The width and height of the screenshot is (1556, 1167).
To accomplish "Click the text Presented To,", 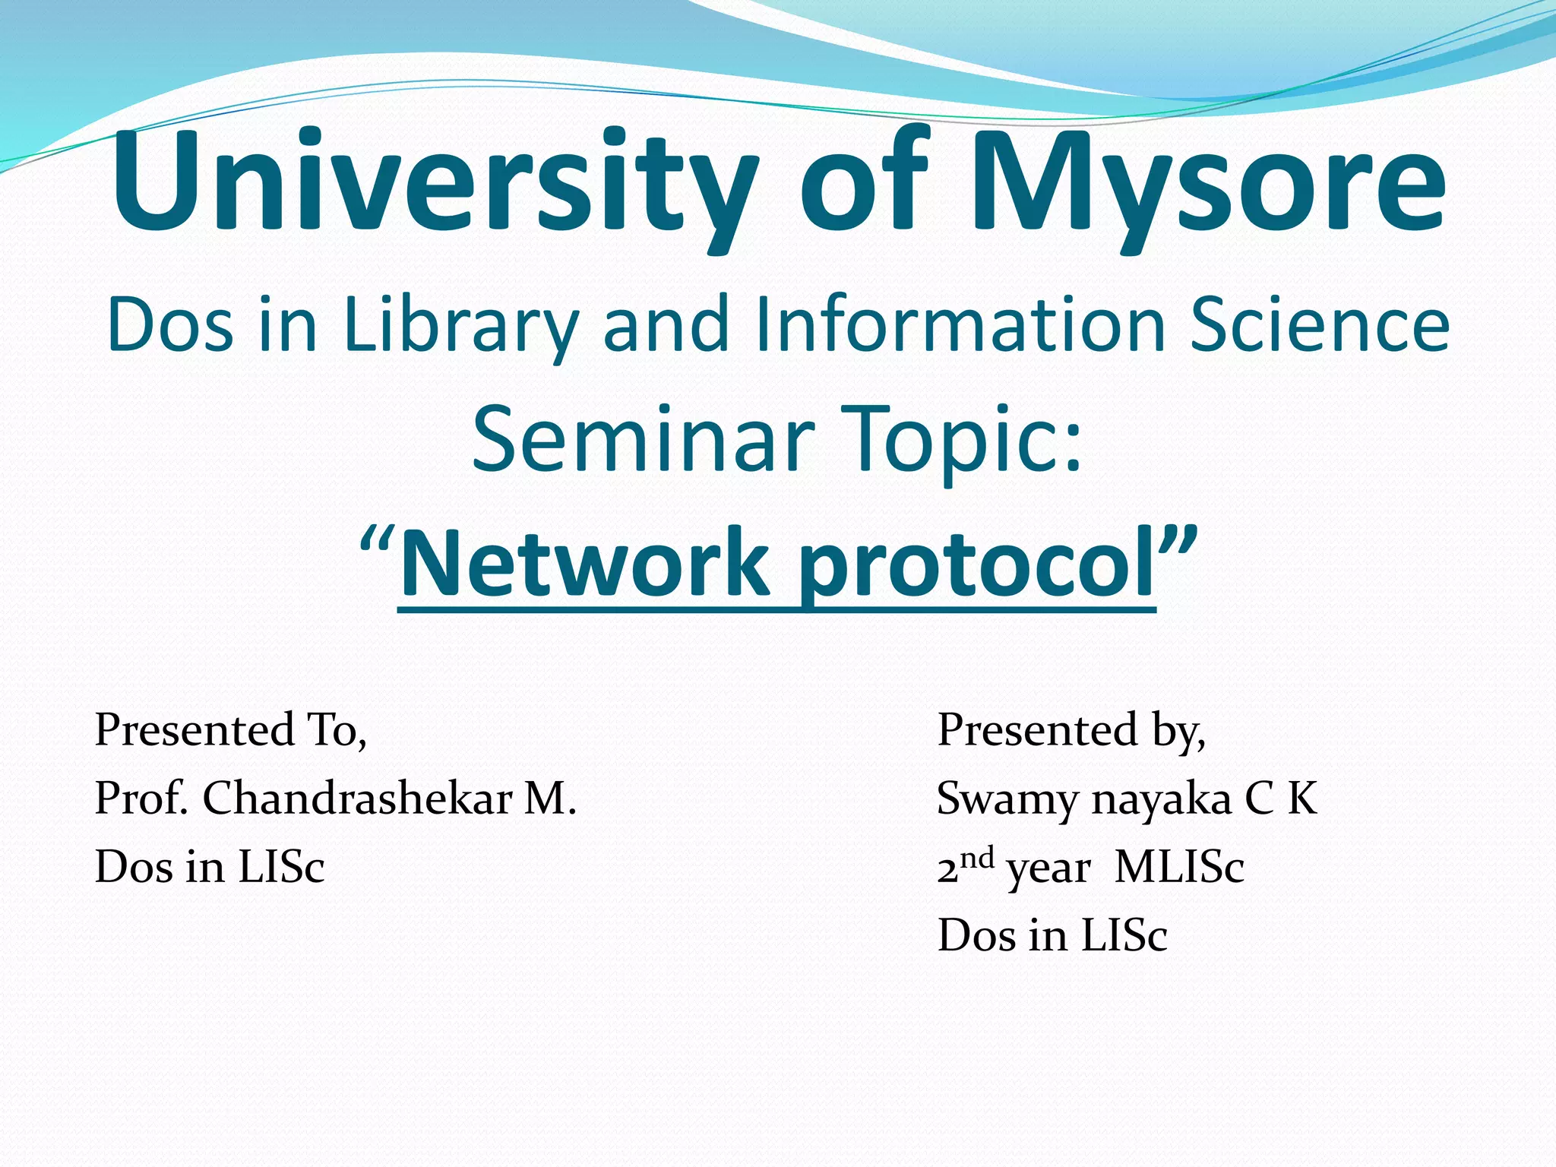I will click(x=231, y=731).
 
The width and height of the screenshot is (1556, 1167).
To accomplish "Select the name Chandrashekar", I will click(x=357, y=799).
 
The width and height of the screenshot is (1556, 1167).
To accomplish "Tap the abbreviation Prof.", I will click(x=141, y=799).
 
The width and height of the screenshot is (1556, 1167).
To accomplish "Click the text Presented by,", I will click(x=1071, y=731).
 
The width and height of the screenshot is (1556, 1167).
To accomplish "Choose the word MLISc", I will click(x=1179, y=867).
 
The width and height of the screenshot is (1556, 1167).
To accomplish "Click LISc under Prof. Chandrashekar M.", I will click(x=281, y=867).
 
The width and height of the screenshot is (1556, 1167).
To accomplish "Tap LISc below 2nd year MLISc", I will click(x=1124, y=935).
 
